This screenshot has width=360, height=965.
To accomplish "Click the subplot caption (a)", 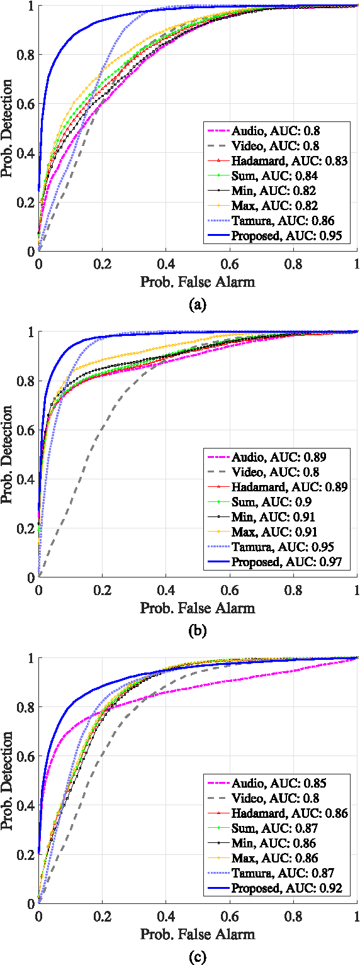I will [x=197, y=306].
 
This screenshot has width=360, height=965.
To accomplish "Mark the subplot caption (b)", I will [x=197, y=632].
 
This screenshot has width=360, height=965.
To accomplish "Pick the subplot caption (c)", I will [x=197, y=957].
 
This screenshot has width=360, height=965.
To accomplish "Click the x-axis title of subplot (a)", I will [x=197, y=282].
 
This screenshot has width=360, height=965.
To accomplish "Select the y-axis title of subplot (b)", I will [x=8, y=454].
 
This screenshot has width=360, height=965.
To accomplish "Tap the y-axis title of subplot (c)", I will [x=8, y=780].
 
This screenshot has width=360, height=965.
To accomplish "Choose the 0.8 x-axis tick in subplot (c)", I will [x=293, y=915].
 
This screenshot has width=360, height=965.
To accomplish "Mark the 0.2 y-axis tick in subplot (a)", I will [x=25, y=202].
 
